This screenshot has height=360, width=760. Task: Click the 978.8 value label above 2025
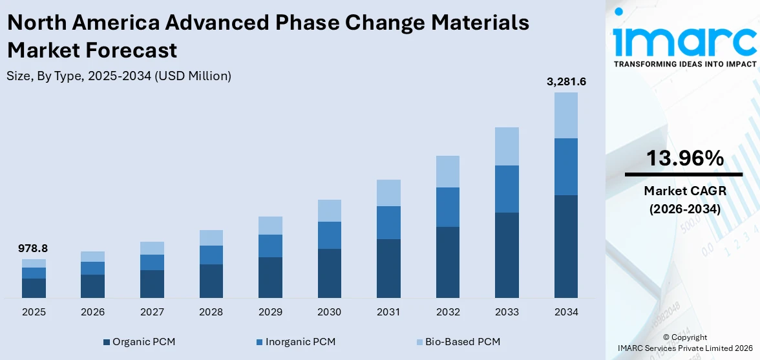[34, 248]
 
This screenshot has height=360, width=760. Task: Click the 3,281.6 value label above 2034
[566, 81]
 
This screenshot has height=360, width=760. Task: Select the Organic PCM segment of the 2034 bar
[566, 246]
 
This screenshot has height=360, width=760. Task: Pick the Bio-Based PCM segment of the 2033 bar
[507, 146]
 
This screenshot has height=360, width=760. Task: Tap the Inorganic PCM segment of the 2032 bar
[447, 207]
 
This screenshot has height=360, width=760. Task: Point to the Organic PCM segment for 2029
[270, 277]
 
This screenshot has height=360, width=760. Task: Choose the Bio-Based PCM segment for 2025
[34, 263]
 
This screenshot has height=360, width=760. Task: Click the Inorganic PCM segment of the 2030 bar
[329, 235]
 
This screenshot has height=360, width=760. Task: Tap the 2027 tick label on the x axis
[152, 312]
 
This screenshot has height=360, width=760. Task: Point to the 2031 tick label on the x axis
[388, 312]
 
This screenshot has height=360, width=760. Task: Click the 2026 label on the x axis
[92, 312]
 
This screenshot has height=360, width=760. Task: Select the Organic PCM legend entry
[139, 341]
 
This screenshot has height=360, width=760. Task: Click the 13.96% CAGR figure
[684, 158]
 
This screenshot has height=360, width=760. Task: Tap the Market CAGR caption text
[684, 191]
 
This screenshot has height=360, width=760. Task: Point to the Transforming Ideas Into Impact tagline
[684, 64]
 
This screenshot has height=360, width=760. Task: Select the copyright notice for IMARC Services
[684, 343]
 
